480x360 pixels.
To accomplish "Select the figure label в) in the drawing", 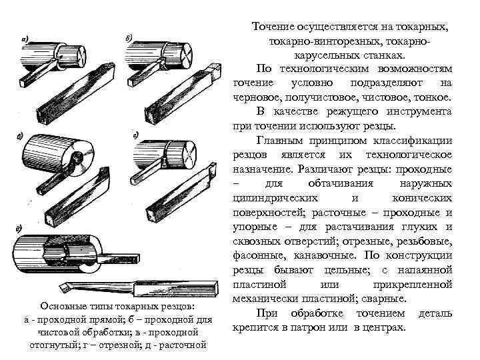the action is coord(21,138).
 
